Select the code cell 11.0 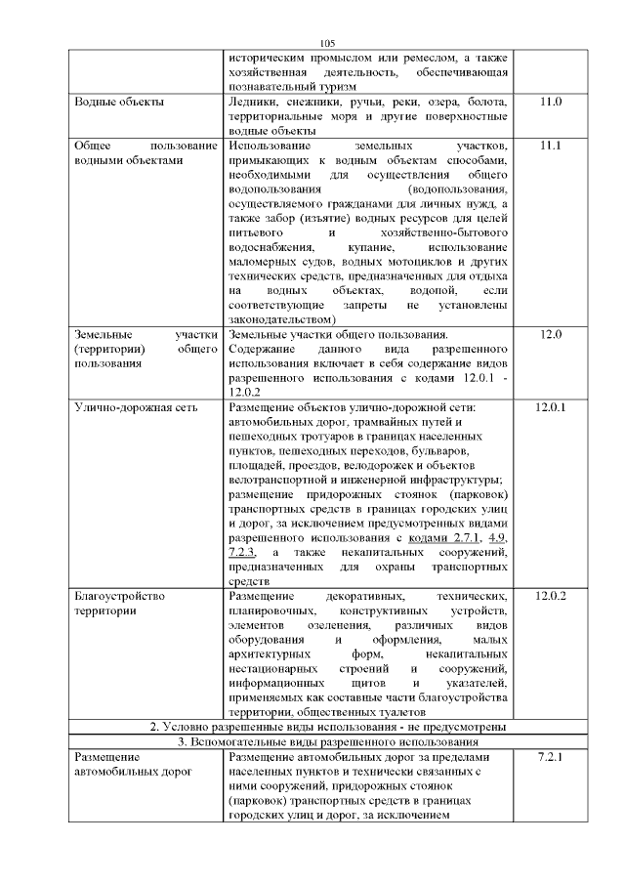[551, 102]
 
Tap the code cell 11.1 [551, 145]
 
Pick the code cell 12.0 [551, 334]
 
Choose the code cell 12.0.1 [551, 405]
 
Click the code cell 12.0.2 [551, 596]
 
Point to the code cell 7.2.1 [551, 757]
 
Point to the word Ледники [252, 102]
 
